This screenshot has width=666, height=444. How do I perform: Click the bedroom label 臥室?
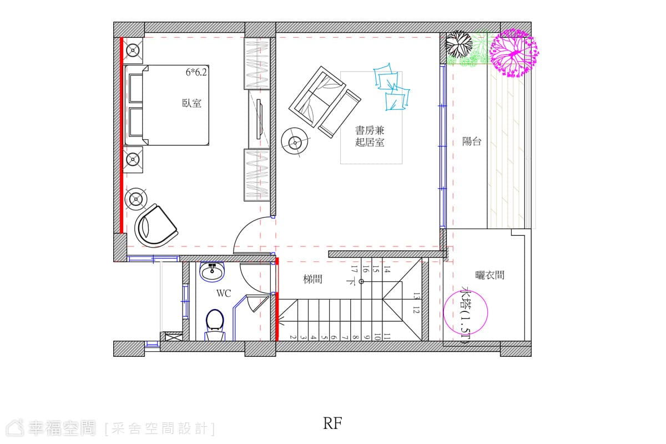192,103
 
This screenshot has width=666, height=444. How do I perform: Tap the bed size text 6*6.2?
196,72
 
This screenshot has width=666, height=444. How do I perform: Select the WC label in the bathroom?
224,294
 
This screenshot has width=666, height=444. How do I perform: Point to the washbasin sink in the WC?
211,271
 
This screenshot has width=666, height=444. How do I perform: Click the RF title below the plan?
332,423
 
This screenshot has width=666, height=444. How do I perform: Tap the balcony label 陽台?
472,142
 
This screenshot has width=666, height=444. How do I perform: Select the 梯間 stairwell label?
313,279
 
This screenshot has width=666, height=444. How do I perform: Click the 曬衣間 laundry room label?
490,275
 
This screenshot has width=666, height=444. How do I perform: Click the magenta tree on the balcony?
514,53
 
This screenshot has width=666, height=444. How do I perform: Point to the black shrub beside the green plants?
458,44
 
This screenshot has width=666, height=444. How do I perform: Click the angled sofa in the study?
325,102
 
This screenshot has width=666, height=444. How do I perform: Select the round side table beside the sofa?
295,143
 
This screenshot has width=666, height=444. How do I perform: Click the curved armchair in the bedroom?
155,226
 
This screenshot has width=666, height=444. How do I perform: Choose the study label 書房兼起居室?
370,136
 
